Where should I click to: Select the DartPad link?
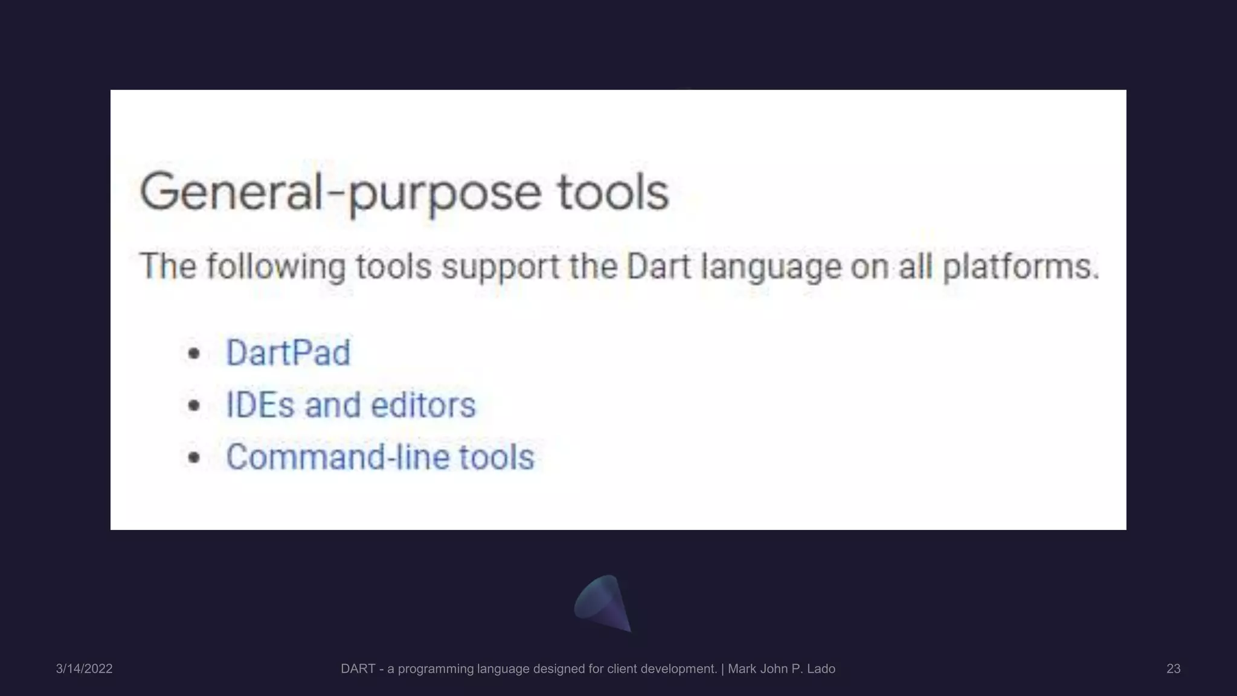click(x=288, y=353)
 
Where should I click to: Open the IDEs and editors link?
click(x=350, y=405)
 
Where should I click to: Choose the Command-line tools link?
click(x=380, y=457)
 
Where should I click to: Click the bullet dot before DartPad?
click(x=193, y=353)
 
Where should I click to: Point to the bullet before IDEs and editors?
click(x=193, y=405)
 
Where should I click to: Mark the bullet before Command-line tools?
click(x=193, y=457)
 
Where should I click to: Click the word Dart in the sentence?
click(x=658, y=266)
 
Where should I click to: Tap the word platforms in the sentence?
click(x=1021, y=266)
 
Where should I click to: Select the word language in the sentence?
click(x=771, y=266)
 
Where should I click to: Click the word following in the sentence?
click(x=276, y=266)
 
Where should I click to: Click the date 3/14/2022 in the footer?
click(x=84, y=669)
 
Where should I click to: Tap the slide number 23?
click(x=1173, y=669)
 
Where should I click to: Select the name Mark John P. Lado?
click(x=782, y=669)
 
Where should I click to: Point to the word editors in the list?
click(x=423, y=405)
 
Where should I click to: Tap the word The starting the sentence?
click(x=168, y=266)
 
